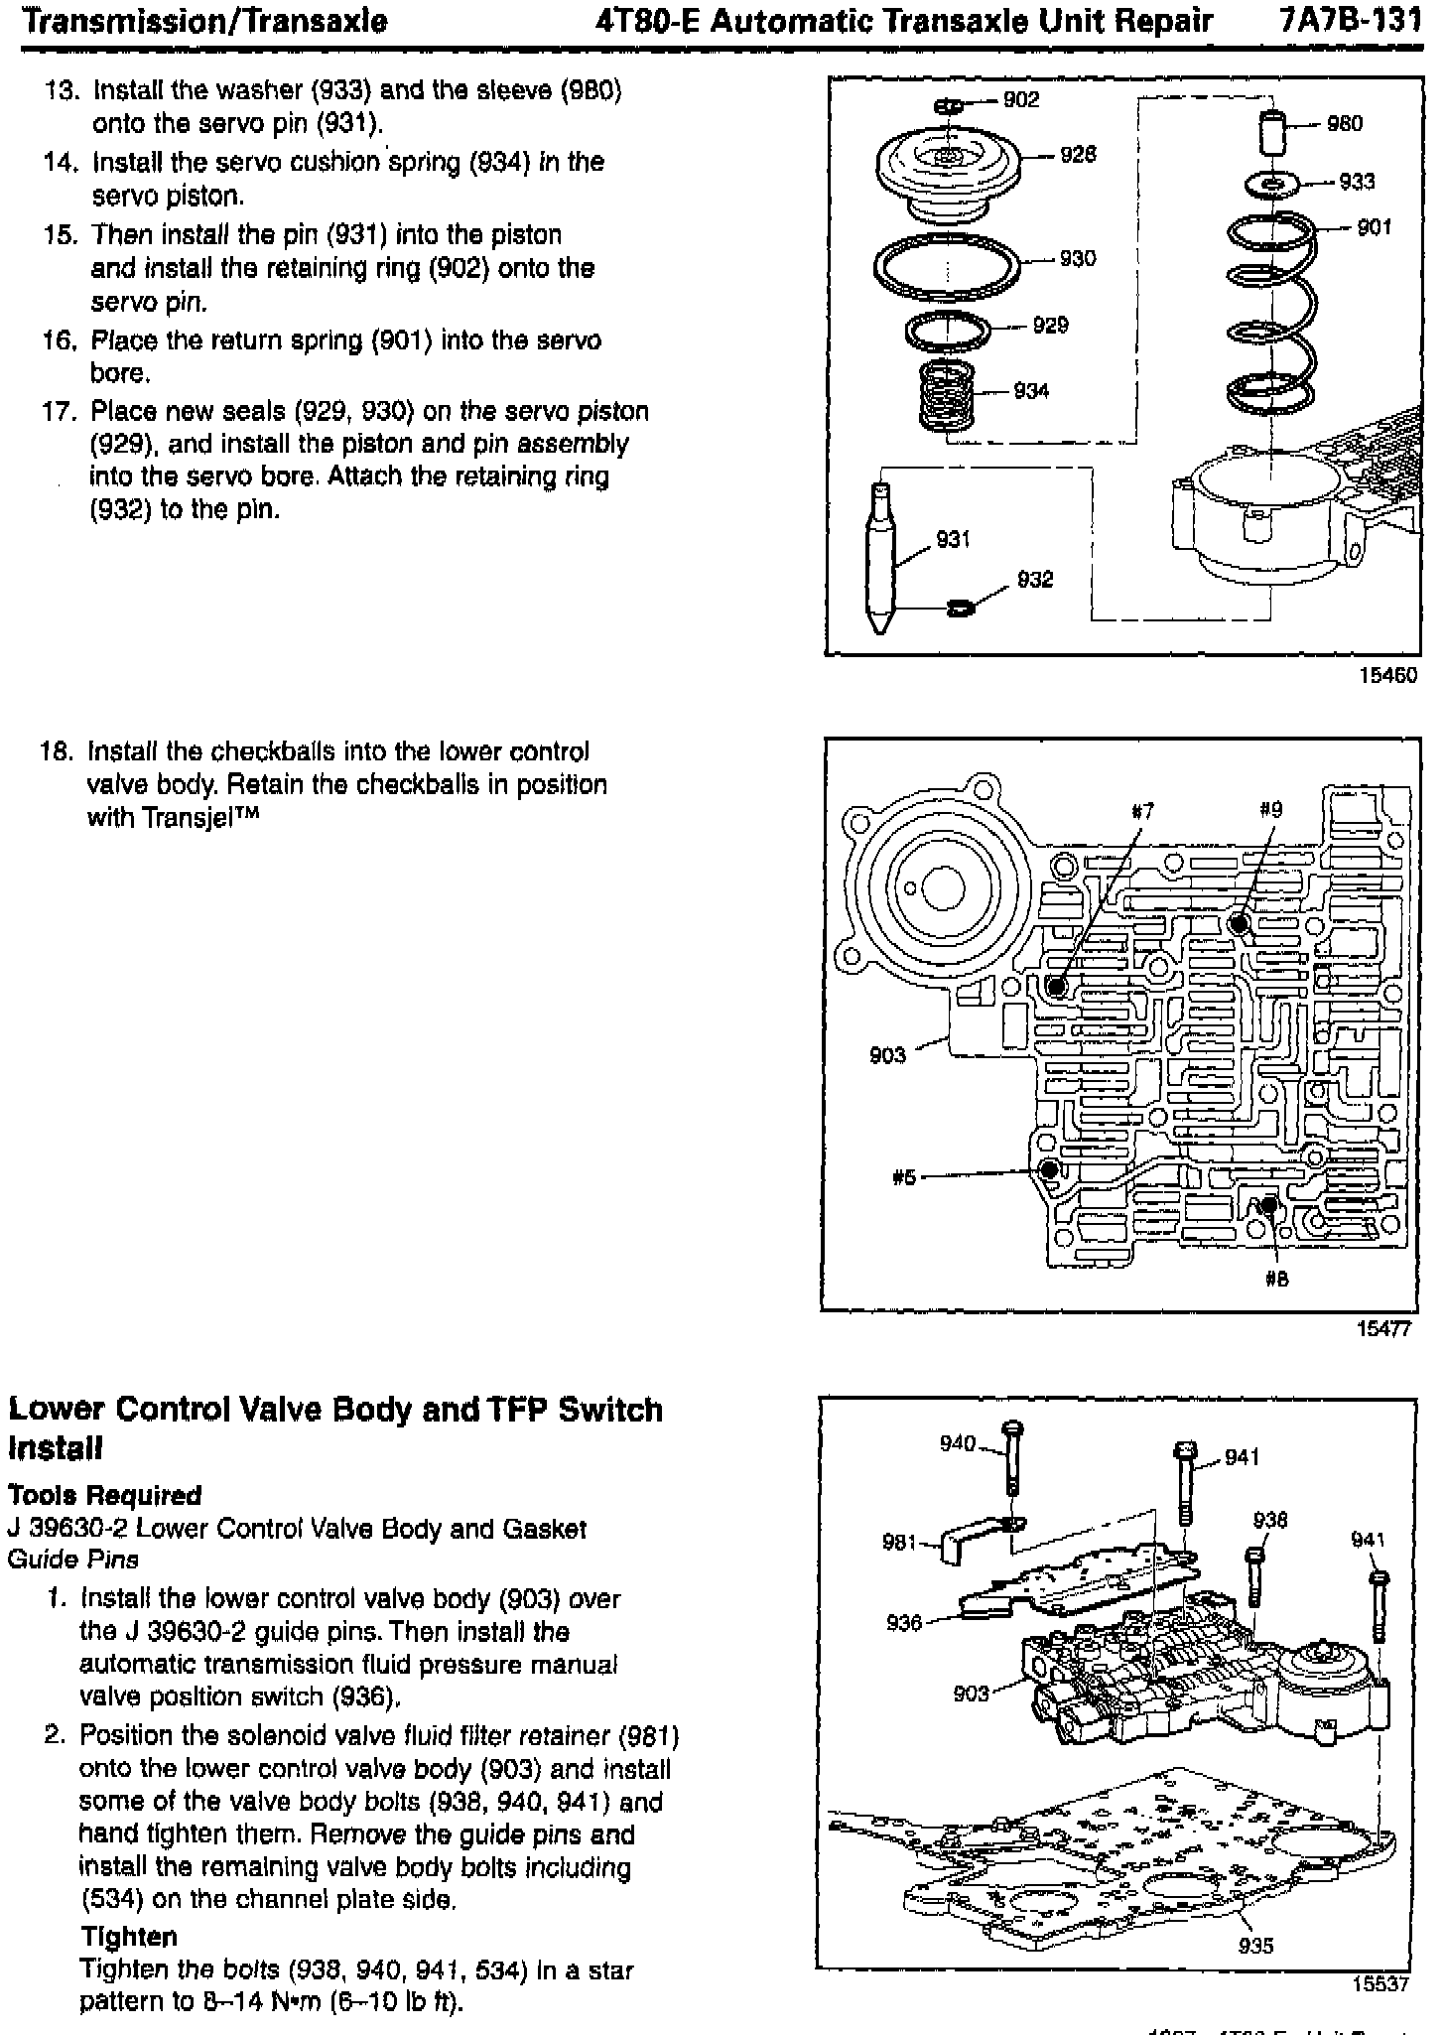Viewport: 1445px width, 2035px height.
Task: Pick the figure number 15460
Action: [1388, 675]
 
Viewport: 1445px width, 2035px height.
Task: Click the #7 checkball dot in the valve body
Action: [1056, 987]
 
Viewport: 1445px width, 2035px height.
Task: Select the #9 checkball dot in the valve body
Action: [1238, 924]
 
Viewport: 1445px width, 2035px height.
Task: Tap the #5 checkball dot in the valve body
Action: [1048, 1169]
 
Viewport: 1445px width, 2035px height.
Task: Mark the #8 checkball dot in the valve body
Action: [1270, 1206]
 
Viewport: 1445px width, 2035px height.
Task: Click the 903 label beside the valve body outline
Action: [887, 1055]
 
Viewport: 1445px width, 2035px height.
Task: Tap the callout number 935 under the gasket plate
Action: [1255, 1945]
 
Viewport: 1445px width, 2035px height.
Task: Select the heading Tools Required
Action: [104, 1495]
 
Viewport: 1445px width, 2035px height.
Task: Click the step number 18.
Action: [54, 751]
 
